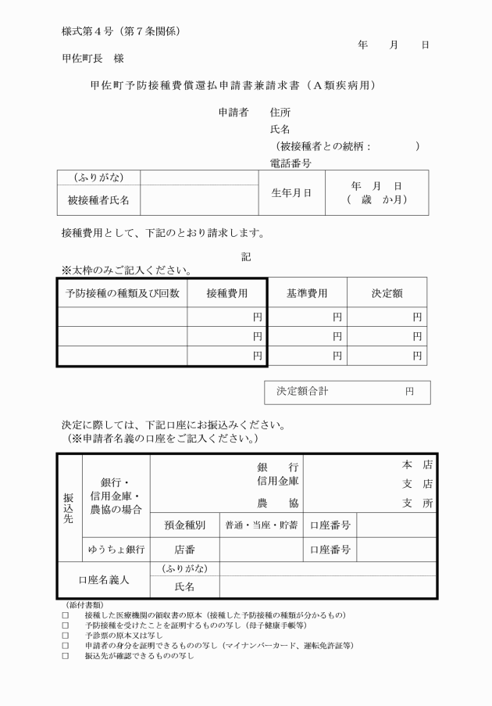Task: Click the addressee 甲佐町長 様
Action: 93,59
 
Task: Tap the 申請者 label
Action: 233,113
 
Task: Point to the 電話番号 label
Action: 291,163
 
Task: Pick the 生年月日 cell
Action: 291,193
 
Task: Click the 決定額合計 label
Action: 305,391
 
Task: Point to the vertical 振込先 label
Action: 70,507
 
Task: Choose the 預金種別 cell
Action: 184,525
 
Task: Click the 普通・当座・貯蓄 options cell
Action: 261,525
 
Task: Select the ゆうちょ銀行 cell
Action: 116,550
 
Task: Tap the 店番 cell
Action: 184,550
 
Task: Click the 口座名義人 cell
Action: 104,580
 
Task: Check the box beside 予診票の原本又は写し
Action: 66,636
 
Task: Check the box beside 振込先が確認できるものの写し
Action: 66,656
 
